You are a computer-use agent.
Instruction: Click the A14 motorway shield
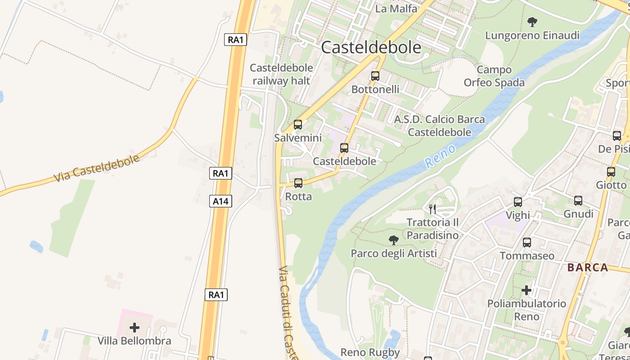click(220, 201)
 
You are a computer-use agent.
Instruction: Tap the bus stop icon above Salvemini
click(298, 125)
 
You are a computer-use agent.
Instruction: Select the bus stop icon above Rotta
click(298, 183)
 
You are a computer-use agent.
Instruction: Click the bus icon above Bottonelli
click(375, 76)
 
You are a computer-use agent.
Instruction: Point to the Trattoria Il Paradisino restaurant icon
click(432, 209)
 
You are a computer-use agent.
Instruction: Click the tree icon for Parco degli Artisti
click(394, 240)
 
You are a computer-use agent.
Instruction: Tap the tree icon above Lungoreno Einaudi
click(532, 22)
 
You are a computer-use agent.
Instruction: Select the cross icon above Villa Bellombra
click(134, 328)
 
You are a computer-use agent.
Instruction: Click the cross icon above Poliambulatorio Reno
click(526, 290)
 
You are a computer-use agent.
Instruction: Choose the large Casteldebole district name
click(371, 48)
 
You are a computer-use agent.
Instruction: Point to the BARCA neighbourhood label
click(588, 268)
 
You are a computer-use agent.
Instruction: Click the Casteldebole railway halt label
click(281, 74)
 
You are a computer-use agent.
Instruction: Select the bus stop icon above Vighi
click(518, 202)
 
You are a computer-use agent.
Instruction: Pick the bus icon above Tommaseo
click(527, 243)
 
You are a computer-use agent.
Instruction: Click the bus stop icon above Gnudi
click(578, 201)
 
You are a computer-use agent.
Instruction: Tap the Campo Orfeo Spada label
click(494, 76)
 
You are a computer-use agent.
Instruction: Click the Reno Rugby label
click(370, 352)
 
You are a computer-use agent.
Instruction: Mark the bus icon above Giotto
click(611, 172)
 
